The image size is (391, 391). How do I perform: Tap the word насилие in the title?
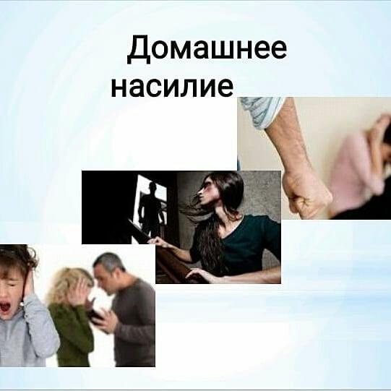click(172, 87)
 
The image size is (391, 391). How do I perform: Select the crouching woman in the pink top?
click(361, 170)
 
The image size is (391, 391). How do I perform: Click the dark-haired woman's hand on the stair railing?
click(159, 242)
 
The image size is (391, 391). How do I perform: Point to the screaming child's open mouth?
click(4, 307)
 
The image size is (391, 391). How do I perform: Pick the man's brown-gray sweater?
click(134, 325)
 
